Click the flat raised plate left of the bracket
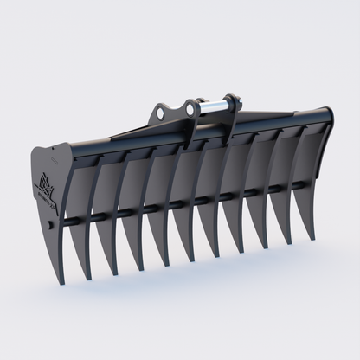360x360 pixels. click(x=130, y=133)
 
